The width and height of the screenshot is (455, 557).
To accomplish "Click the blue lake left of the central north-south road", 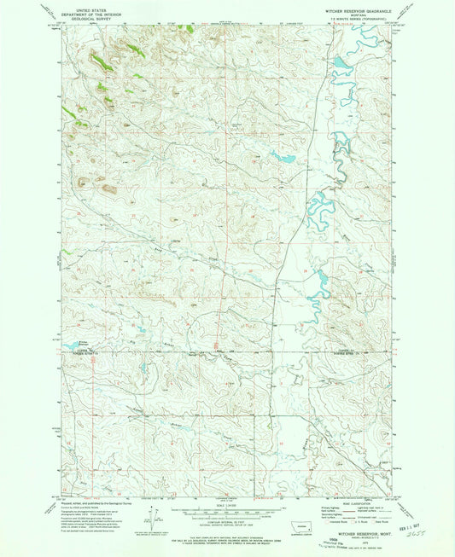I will point(282,157).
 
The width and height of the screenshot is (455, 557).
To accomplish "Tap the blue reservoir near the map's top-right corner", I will point(342,64).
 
